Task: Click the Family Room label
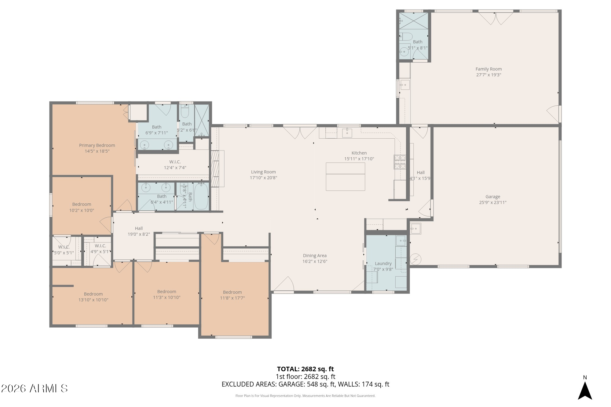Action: click(488, 69)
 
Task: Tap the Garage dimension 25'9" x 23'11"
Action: click(492, 202)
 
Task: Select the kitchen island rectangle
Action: click(345, 176)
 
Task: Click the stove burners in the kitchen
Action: click(400, 162)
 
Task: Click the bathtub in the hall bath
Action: click(201, 197)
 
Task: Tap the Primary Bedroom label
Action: click(97, 145)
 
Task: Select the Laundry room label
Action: click(383, 263)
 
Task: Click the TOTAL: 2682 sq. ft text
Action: click(305, 369)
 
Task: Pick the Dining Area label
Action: click(315, 256)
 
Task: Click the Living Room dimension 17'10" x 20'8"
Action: click(263, 178)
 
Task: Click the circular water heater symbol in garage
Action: click(415, 259)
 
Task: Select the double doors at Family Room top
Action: click(496, 18)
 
